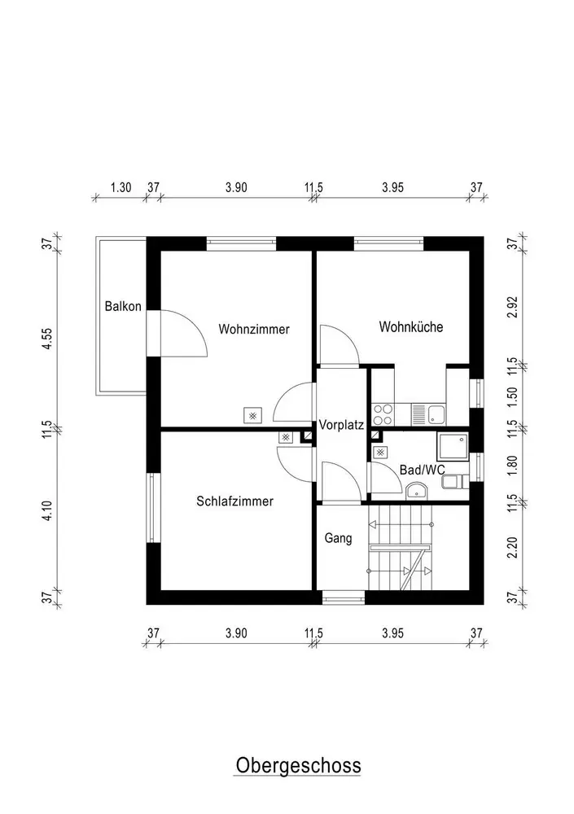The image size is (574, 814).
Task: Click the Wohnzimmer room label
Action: tap(253, 329)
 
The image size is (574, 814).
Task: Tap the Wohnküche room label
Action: tap(411, 327)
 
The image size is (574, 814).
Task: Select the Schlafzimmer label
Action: tap(234, 501)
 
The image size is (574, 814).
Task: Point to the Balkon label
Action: tap(123, 306)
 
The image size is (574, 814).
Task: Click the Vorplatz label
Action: tap(341, 425)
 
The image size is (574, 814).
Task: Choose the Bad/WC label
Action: tap(423, 470)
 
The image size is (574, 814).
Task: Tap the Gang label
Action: tap(338, 538)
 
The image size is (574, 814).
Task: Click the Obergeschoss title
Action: tap(298, 766)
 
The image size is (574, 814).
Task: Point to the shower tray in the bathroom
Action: tap(454, 446)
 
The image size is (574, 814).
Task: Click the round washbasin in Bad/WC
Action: tap(416, 491)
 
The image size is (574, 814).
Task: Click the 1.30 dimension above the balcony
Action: tap(121, 187)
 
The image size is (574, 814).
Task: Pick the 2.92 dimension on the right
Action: tap(513, 308)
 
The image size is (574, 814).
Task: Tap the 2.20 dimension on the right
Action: tap(513, 548)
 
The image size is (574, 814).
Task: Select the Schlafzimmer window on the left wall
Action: tap(151, 508)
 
